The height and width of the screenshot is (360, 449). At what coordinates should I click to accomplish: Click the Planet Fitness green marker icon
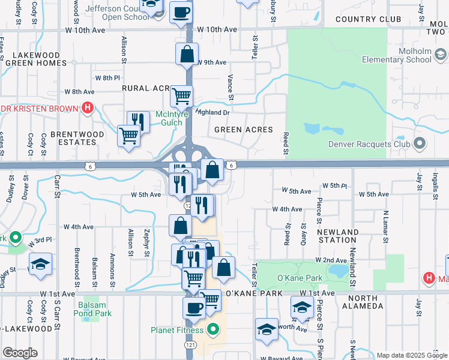214,329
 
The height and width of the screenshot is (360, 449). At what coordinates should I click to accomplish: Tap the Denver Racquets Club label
369,144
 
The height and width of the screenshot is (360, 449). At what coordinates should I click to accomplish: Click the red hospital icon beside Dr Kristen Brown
88,109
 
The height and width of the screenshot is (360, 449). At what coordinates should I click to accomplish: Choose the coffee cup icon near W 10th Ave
181,12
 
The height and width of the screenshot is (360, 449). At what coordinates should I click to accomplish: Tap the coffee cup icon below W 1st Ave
194,308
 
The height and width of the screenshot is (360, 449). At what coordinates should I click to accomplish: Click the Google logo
20,353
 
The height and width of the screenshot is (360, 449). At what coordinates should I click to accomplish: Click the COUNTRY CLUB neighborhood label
368,19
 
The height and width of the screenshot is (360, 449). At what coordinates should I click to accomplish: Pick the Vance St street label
231,84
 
